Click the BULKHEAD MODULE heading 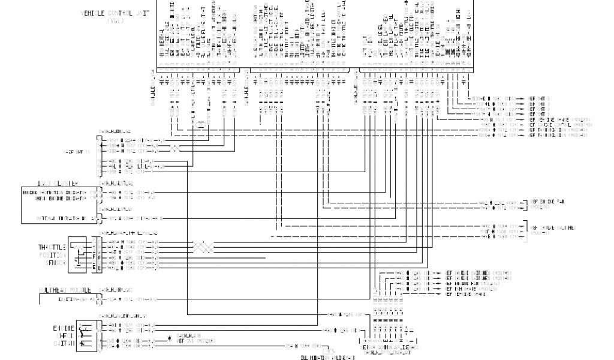pos(65,289)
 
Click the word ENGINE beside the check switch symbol pos(64,329)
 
